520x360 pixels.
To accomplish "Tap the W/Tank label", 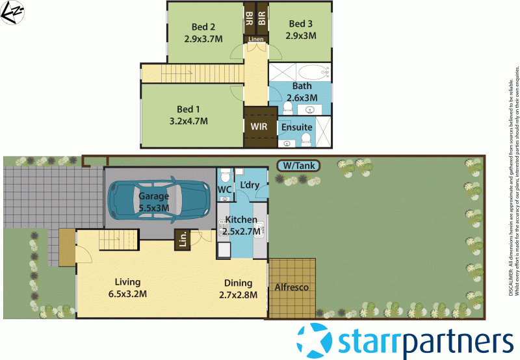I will coord(298,166).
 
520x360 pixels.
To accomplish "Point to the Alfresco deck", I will coord(292,287).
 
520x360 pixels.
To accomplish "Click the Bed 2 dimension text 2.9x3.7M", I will coord(203,39).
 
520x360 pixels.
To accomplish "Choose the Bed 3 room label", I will coord(301,24).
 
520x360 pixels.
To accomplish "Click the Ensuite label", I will coord(296,127).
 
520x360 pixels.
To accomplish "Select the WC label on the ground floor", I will coord(224,190).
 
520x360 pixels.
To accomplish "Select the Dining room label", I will coord(238,283).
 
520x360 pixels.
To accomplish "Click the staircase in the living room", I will coord(118,240).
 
